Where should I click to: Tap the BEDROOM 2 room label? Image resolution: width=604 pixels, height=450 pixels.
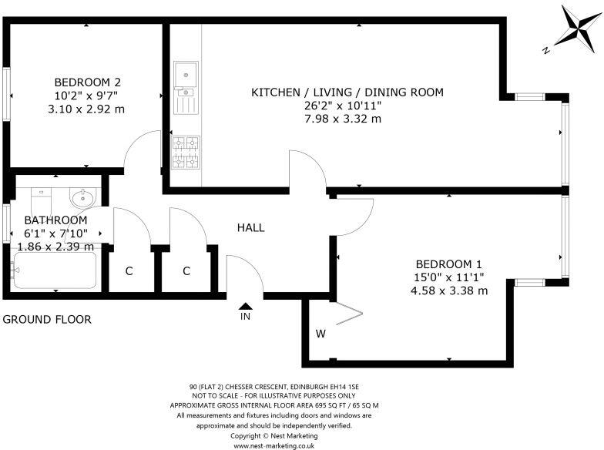87,82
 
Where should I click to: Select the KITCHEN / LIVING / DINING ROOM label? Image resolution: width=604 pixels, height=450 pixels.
347,92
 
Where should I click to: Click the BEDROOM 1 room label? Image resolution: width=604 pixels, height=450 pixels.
450,264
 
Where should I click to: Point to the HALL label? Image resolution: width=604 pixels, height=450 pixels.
250,228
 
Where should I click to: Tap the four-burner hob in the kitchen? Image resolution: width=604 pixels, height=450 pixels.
185,152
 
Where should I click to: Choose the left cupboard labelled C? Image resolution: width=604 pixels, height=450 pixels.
129,271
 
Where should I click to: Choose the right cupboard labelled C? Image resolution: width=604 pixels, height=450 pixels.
186,271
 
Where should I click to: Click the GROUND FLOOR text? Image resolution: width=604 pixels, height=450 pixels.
47,319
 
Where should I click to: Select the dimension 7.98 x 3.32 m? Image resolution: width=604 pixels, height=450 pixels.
343,119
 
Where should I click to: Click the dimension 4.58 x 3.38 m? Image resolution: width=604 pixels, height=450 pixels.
450,290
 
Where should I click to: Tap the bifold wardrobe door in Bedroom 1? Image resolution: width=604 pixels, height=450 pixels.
347,314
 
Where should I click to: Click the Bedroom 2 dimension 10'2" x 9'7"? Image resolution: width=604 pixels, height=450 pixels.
86,96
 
